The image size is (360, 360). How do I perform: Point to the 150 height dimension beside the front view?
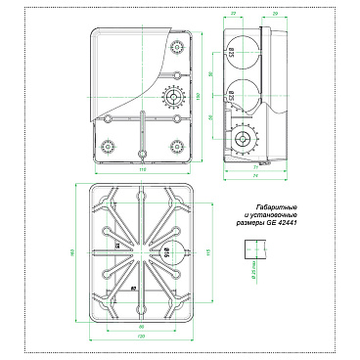[x=199, y=96]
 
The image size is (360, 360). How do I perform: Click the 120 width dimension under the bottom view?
[x=143, y=335]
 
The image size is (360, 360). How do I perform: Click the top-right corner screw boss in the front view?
[x=176, y=47]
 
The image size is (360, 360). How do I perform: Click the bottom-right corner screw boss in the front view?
[x=176, y=146]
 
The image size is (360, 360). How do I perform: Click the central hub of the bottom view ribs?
[x=143, y=250]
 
